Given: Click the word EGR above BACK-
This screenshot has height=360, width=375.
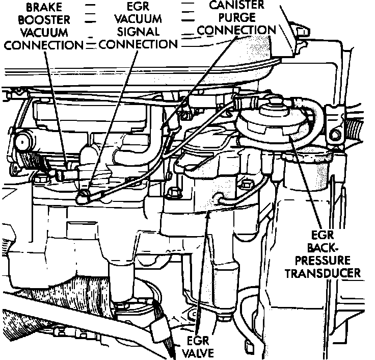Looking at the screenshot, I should tap(330, 236).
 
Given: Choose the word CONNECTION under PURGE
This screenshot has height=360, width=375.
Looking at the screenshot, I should tap(236, 30).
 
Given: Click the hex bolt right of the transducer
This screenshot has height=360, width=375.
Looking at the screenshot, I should tap(336, 135).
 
